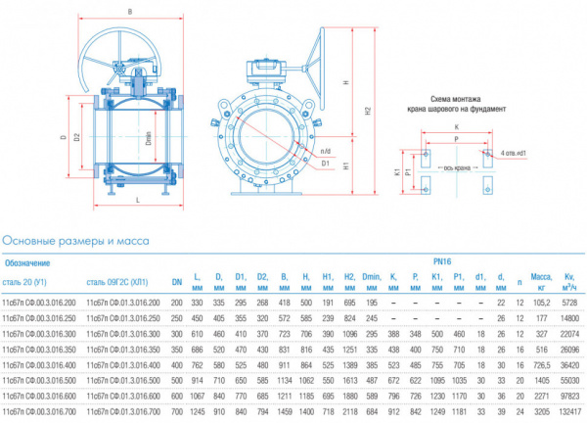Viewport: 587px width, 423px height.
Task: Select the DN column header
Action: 177,283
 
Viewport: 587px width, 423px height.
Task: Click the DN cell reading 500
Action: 177,378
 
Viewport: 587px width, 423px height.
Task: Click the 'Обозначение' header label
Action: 27,262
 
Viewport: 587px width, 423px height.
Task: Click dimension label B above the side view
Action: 129,10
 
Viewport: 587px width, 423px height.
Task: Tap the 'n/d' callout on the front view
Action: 327,150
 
